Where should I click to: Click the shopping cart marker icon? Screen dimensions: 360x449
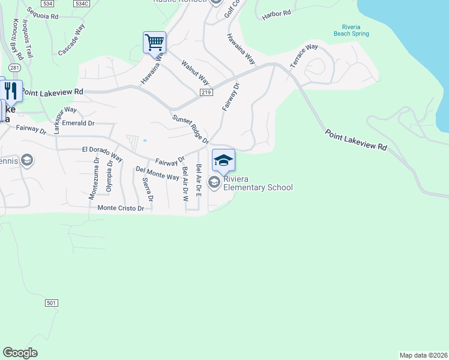154,43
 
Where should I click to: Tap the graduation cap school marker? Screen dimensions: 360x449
223,160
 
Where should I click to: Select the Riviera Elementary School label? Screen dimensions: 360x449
258,183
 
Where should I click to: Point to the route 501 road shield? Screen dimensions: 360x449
51,303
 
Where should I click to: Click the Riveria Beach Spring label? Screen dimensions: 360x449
351,31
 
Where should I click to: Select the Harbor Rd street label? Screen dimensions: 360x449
276,14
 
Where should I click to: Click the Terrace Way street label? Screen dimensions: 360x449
304,55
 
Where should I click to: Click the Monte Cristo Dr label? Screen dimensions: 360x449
121,208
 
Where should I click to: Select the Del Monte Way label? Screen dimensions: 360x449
157,173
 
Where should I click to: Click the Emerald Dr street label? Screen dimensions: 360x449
82,123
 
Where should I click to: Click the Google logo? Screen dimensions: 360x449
20,353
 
